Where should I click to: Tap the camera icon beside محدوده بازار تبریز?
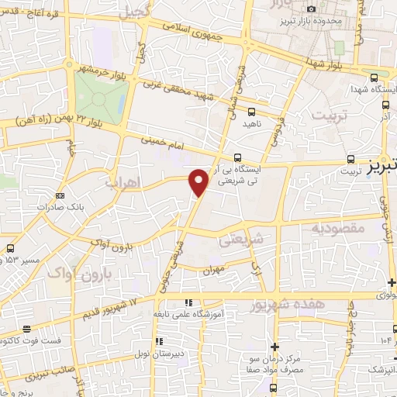[312, 9]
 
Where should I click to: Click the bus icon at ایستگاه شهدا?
[375, 78]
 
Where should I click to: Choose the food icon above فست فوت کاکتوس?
[27, 329]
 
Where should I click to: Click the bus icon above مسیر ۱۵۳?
[11, 248]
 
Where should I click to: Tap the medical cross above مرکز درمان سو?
[274, 346]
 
